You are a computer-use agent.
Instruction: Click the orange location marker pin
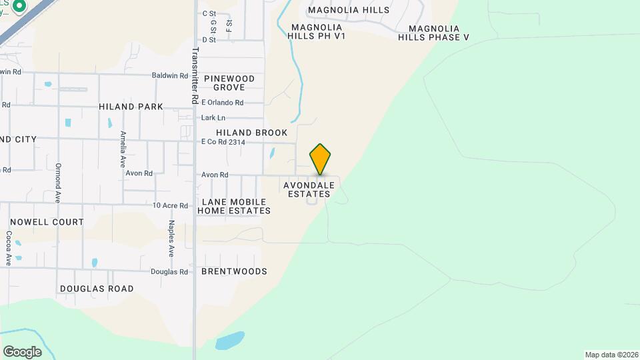(x=320, y=159)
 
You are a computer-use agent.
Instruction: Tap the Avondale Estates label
(x=308, y=189)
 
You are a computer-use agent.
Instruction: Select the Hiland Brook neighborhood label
(x=251, y=133)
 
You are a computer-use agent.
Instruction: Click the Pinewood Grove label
(x=229, y=83)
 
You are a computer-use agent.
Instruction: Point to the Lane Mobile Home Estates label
(x=236, y=206)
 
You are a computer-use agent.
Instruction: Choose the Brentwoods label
(x=234, y=271)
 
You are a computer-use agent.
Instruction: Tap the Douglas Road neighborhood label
(x=97, y=289)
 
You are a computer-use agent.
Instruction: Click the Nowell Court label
(x=47, y=222)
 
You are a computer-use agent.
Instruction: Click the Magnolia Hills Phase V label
(x=434, y=33)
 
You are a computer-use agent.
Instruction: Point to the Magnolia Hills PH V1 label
(x=317, y=31)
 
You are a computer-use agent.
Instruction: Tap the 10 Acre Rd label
(x=171, y=205)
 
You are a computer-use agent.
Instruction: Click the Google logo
(x=22, y=351)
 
